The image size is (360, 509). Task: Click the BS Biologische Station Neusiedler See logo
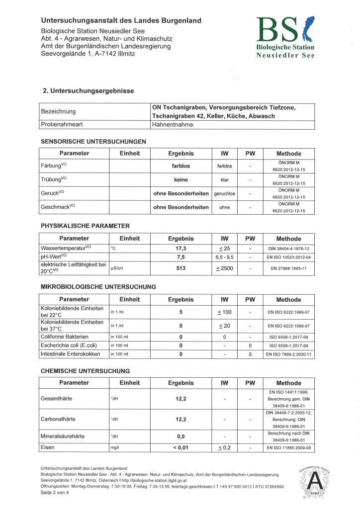285,37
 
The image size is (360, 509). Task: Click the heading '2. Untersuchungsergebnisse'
89,91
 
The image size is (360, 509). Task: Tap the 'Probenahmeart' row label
61,125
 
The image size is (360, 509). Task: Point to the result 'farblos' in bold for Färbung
181,166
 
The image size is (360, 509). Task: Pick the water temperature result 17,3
181,248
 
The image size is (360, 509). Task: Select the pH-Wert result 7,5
181,257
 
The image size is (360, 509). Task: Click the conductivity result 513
181,269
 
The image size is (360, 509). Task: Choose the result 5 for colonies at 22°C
181,312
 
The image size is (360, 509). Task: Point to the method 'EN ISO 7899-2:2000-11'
289,354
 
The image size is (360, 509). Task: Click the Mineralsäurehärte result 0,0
181,436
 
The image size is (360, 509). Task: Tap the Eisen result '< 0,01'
181,448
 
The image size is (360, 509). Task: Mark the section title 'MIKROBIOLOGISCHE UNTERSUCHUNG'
98,287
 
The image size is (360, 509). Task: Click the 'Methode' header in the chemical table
289,383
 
